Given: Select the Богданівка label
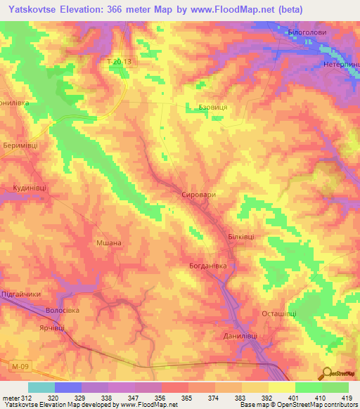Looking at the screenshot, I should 208,266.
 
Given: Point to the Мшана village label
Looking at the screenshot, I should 109,243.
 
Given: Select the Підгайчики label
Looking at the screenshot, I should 20,294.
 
